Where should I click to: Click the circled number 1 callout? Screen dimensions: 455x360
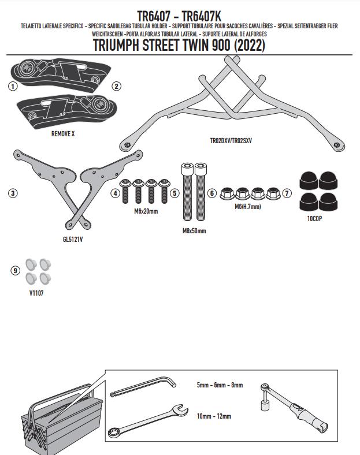click(x=13, y=86)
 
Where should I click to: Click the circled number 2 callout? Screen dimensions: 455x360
click(x=116, y=86)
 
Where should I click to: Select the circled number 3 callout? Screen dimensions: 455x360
click(x=13, y=193)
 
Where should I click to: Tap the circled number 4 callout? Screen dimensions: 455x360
click(x=116, y=193)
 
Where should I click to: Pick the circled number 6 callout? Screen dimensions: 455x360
click(x=211, y=193)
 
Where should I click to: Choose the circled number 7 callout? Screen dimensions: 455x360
click(x=287, y=193)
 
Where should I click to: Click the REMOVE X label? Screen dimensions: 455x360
click(x=63, y=133)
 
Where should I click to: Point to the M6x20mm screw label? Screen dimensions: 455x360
click(x=146, y=211)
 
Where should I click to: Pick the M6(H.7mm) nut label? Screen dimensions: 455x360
click(x=248, y=206)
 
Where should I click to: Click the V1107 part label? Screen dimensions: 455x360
click(x=36, y=293)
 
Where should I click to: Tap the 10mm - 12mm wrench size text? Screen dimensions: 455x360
click(x=213, y=415)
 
